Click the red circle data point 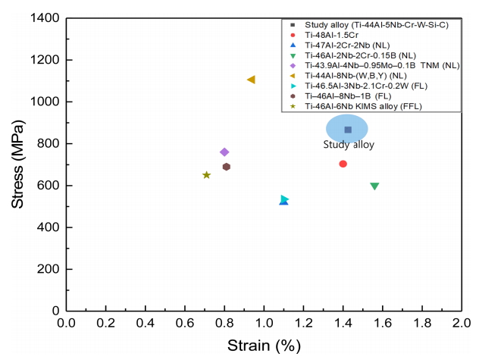tap(343, 164)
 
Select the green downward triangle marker tap(374, 186)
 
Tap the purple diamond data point tap(224, 152)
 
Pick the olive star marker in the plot tap(206, 175)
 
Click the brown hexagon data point tap(226, 167)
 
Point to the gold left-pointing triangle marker tap(251, 80)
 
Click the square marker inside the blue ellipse tap(348, 130)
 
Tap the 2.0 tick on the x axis tap(461, 323)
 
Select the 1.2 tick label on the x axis tap(303, 323)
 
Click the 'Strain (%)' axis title tap(264, 346)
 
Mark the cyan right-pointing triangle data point tap(284, 199)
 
